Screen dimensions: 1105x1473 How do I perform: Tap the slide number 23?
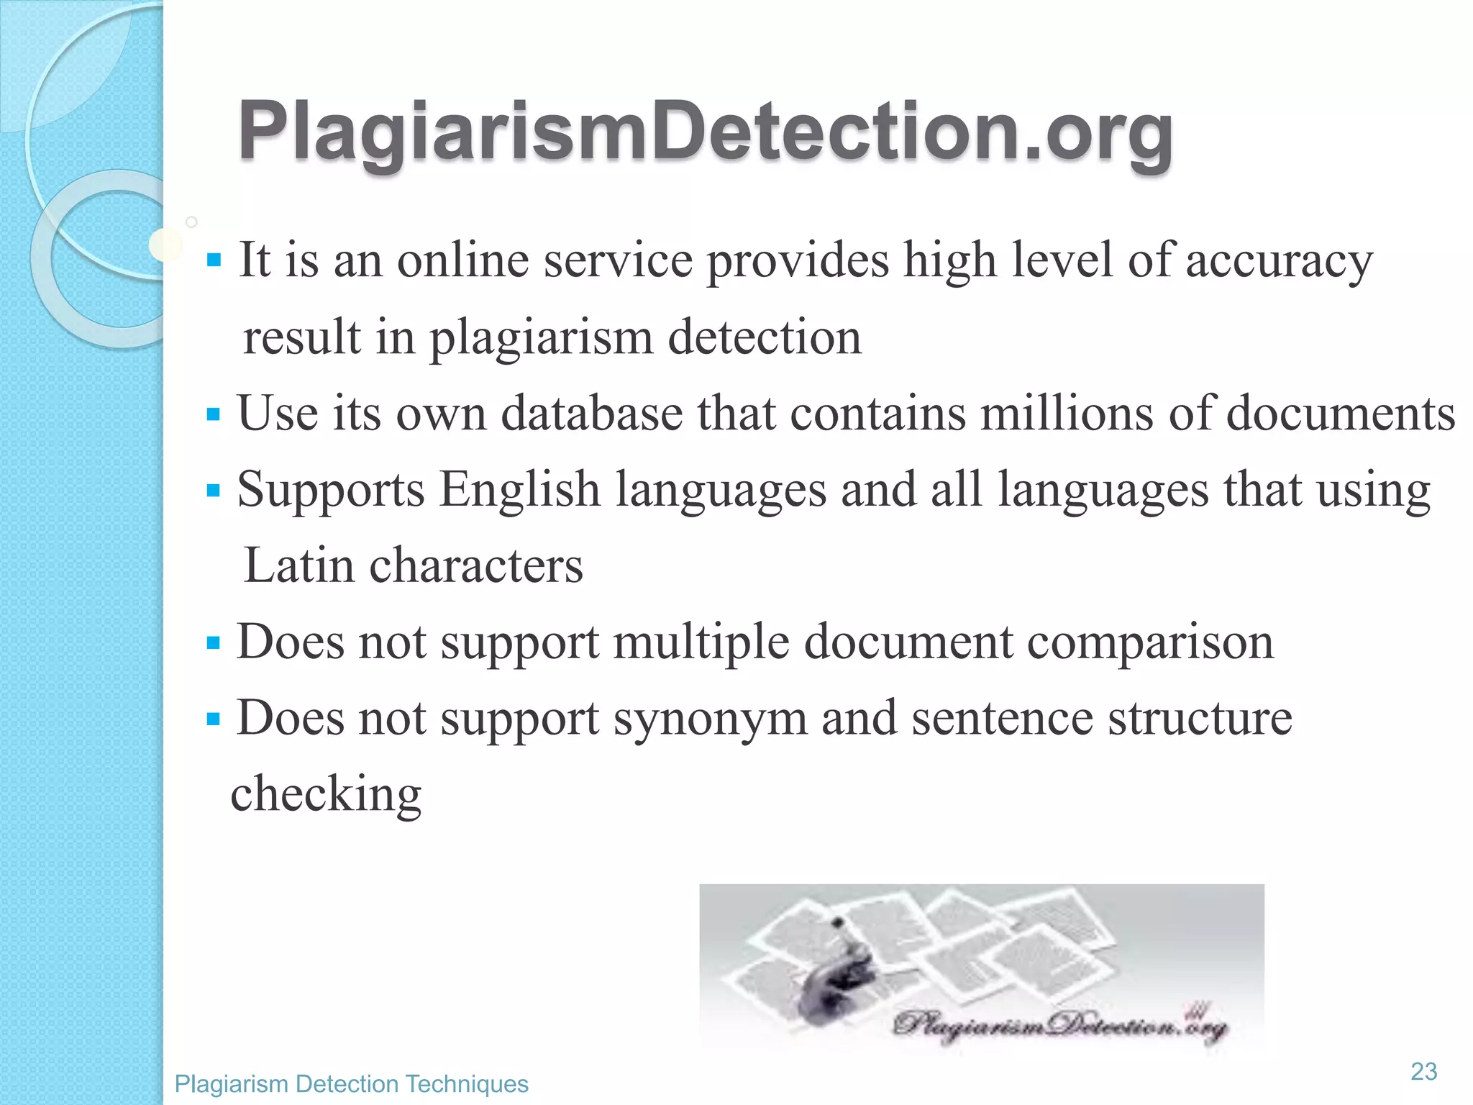pyautogui.click(x=1423, y=1071)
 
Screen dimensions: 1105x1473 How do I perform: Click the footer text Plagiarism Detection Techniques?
pyautogui.click(x=351, y=1083)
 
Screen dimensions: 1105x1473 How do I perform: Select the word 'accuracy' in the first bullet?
pyautogui.click(x=1279, y=260)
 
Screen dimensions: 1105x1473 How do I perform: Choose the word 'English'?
pyautogui.click(x=519, y=490)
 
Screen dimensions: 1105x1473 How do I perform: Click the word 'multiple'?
pyautogui.click(x=701, y=642)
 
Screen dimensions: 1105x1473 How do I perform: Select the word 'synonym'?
pyautogui.click(x=710, y=718)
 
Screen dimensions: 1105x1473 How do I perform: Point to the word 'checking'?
pyautogui.click(x=326, y=794)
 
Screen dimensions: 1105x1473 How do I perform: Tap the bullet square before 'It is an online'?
pyautogui.click(x=213, y=260)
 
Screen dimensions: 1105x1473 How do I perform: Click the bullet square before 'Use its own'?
pyautogui.click(x=213, y=414)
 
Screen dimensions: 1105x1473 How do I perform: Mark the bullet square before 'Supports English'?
pyautogui.click(x=213, y=491)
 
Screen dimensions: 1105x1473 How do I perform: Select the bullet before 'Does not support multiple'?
pyautogui.click(x=213, y=642)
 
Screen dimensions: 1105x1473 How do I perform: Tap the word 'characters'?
pyautogui.click(x=475, y=565)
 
